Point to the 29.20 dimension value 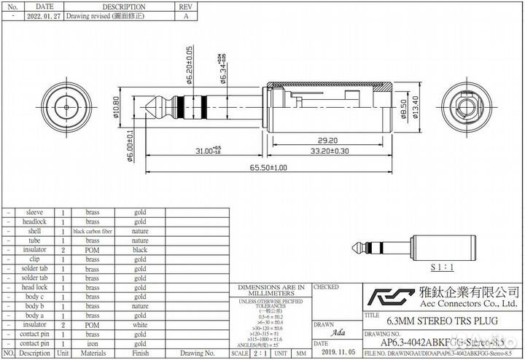coord(327,140)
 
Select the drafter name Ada coord(337,332)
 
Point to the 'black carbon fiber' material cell coord(93,231)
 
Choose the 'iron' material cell coord(93,343)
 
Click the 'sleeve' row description coord(34,212)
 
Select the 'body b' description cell coord(34,306)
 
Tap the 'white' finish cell coord(140,325)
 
